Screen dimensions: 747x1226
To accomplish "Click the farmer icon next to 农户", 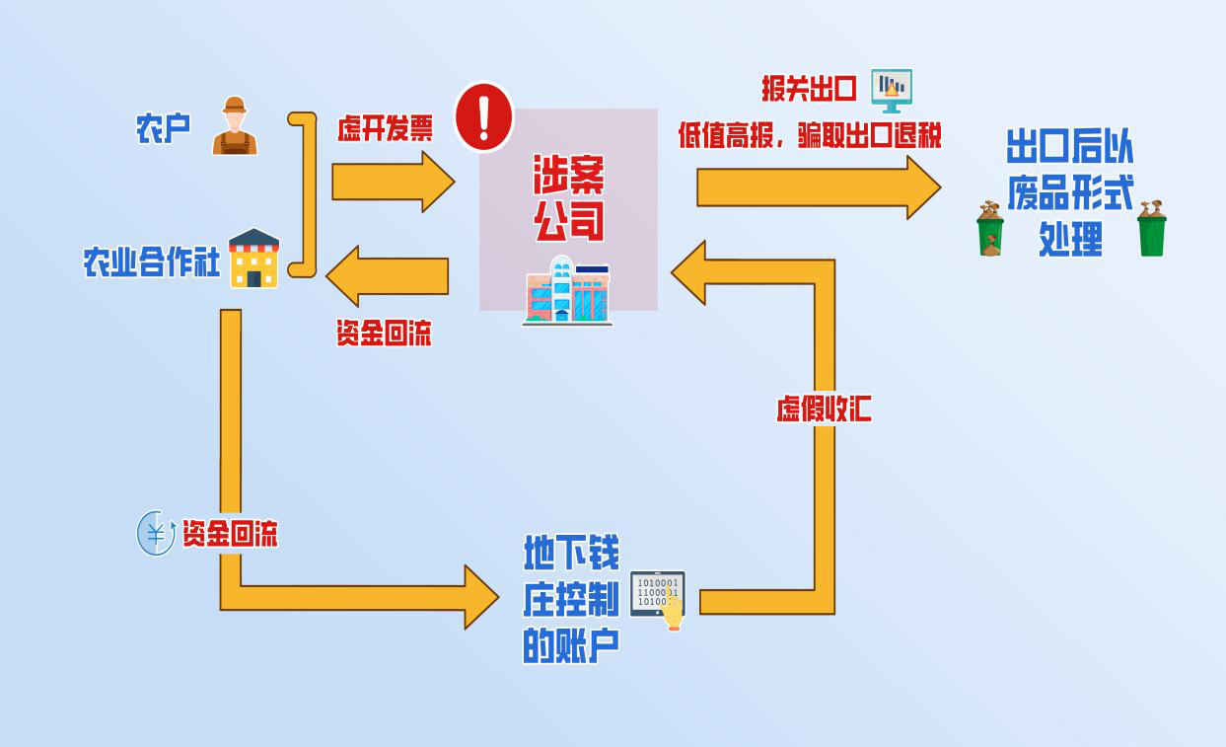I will (235, 126).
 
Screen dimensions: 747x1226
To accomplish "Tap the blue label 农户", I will (164, 128).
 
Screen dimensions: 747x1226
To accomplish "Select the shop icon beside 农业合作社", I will (254, 259).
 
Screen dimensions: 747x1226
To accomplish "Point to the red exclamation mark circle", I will (483, 116).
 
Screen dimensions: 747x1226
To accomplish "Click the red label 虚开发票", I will (385, 128).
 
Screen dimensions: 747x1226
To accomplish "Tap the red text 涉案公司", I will (569, 197).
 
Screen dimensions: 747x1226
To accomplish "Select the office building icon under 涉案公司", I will (567, 290).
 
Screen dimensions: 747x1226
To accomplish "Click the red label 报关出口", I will (809, 89).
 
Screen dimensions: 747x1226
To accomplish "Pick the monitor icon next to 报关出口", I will (892, 90).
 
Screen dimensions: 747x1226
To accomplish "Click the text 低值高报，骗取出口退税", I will (810, 135).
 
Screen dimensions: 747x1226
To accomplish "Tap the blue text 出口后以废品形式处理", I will (1070, 191).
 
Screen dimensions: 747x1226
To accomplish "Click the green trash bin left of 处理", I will (990, 229).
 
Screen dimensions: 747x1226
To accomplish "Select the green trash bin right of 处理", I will (1151, 229).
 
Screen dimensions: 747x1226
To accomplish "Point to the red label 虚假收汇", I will (824, 409).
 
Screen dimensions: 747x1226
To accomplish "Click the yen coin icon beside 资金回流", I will (156, 534).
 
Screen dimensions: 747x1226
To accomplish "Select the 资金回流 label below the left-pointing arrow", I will (384, 334).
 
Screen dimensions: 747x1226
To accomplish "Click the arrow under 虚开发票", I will (393, 182).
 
